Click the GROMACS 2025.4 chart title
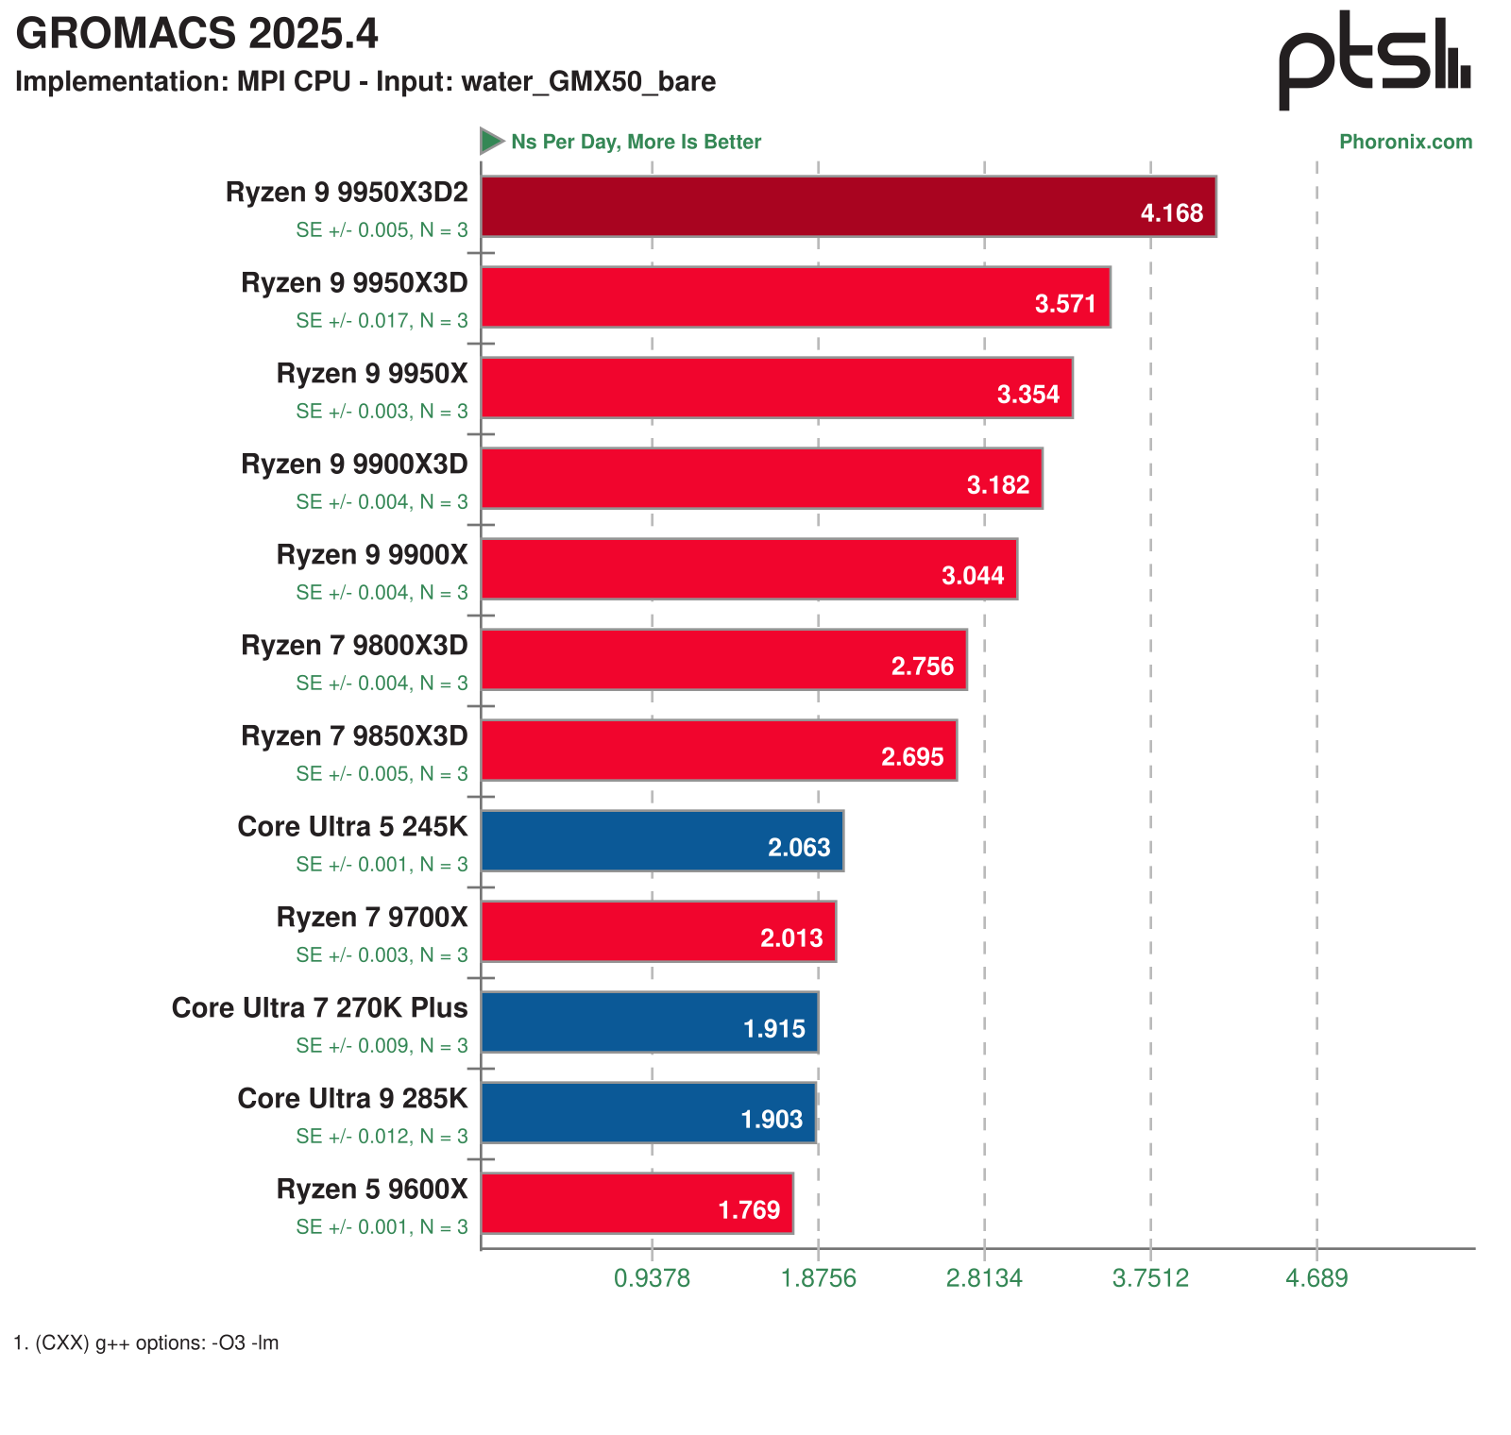[x=196, y=35]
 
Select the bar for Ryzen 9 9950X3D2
[x=848, y=206]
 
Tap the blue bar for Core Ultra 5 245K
[x=661, y=840]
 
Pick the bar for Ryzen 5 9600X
[x=637, y=1203]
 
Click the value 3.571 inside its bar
[x=1065, y=304]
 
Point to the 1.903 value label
[x=772, y=1120]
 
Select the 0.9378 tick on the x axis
[x=652, y=1278]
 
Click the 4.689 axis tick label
[x=1316, y=1278]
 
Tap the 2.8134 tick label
[x=984, y=1278]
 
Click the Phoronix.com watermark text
[x=1405, y=143]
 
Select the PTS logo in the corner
[x=1374, y=61]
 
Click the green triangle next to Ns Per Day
[x=491, y=142]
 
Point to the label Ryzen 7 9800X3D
[x=354, y=646]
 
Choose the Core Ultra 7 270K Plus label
[x=319, y=1008]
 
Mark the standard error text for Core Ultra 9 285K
[x=382, y=1137]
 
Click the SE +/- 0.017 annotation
[x=382, y=321]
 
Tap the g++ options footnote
[x=146, y=1342]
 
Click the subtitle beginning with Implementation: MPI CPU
[x=365, y=82]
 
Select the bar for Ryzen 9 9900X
[x=749, y=568]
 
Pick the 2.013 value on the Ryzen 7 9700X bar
[x=791, y=938]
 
